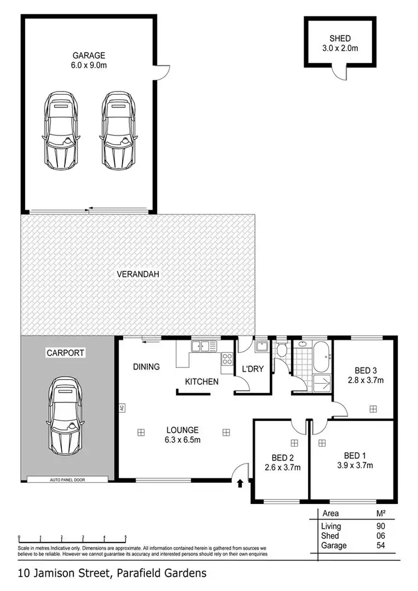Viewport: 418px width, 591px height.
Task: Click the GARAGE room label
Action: (x=89, y=55)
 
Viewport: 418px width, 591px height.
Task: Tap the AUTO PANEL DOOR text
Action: (x=67, y=479)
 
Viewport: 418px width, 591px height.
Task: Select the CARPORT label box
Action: (x=65, y=353)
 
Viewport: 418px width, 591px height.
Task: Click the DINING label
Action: (x=146, y=367)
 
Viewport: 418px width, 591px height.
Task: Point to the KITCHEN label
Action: (x=201, y=382)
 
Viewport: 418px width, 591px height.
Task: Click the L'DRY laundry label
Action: (x=252, y=369)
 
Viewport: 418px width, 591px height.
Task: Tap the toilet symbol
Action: (x=283, y=350)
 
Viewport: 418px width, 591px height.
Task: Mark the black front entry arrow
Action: (x=240, y=483)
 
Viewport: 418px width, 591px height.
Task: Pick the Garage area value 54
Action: (x=381, y=545)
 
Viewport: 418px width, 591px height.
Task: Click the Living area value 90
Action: (x=381, y=526)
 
